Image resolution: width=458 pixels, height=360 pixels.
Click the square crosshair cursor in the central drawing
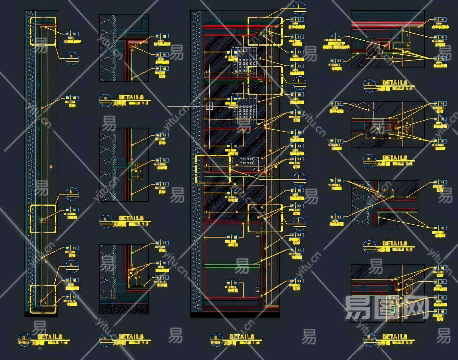209,106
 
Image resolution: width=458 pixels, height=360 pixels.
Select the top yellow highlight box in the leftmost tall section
43,31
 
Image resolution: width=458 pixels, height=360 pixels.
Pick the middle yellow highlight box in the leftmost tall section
43,218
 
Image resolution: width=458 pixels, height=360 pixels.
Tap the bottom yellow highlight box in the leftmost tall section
43,299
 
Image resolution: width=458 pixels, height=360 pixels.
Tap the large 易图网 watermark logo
386,308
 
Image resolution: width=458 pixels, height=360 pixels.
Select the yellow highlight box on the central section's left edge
213,169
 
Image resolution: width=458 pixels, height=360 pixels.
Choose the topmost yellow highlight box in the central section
265,31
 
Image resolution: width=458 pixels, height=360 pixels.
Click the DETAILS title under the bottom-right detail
394,336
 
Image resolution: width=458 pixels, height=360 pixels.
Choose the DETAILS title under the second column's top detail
131,97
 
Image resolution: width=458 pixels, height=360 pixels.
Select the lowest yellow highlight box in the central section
265,218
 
